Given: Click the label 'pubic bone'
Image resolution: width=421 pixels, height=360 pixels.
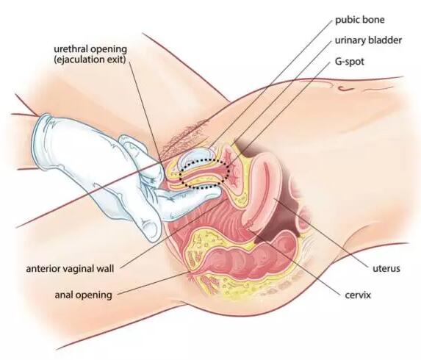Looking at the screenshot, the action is click(x=360, y=20).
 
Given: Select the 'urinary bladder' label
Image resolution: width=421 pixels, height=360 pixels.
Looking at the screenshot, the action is click(x=368, y=40).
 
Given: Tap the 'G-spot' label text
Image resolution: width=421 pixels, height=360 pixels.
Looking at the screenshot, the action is click(x=349, y=62).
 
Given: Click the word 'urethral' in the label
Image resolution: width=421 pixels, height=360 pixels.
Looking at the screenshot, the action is click(x=71, y=49).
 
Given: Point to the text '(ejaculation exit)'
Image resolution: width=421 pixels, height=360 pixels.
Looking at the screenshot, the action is click(x=90, y=60).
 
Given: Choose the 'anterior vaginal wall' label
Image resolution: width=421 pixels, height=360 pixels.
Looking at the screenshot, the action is click(x=70, y=268).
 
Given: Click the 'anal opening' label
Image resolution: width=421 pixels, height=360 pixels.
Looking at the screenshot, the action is click(x=84, y=295).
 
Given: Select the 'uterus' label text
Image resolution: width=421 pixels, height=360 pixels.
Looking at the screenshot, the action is click(x=386, y=268).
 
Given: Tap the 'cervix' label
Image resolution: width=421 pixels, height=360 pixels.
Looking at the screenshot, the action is click(x=358, y=295).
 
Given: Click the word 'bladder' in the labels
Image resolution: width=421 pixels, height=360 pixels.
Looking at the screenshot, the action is click(x=385, y=40).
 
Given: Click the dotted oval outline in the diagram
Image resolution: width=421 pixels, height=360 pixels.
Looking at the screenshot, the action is click(x=179, y=176).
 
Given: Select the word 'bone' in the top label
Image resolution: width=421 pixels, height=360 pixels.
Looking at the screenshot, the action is click(x=374, y=20).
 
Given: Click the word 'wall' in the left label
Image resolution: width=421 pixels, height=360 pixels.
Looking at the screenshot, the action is click(x=105, y=268).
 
